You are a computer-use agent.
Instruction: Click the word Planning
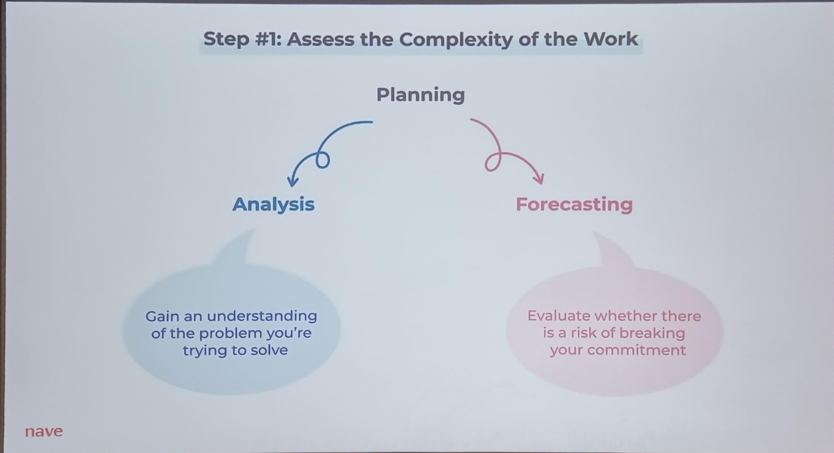(420, 95)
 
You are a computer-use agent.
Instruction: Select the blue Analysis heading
(273, 205)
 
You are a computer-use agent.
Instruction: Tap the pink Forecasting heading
(574, 205)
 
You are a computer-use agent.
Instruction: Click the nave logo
(44, 431)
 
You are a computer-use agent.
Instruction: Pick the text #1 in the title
(268, 39)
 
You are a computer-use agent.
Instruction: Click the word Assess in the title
(321, 39)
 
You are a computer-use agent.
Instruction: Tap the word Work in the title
(611, 39)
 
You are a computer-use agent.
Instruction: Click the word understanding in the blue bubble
(262, 316)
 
